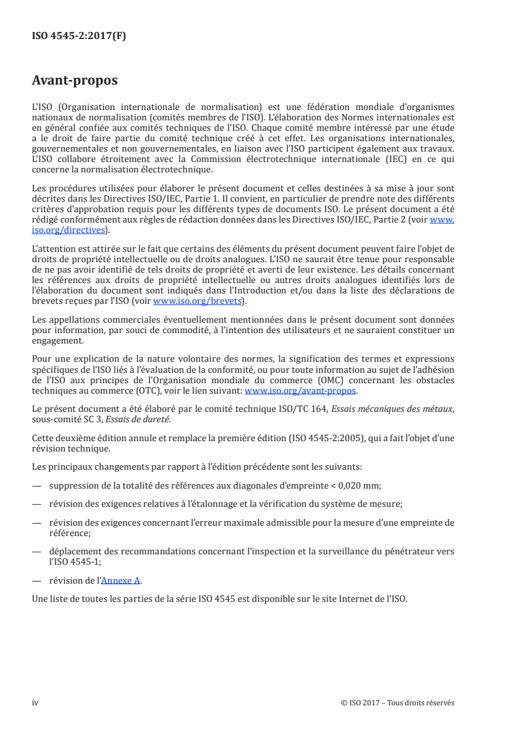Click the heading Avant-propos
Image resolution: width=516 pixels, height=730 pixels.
coord(75,81)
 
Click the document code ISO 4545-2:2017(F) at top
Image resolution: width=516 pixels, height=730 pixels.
coord(79,36)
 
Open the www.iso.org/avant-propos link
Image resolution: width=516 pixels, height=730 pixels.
coord(301,391)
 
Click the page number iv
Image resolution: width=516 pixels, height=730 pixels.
coord(36,702)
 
